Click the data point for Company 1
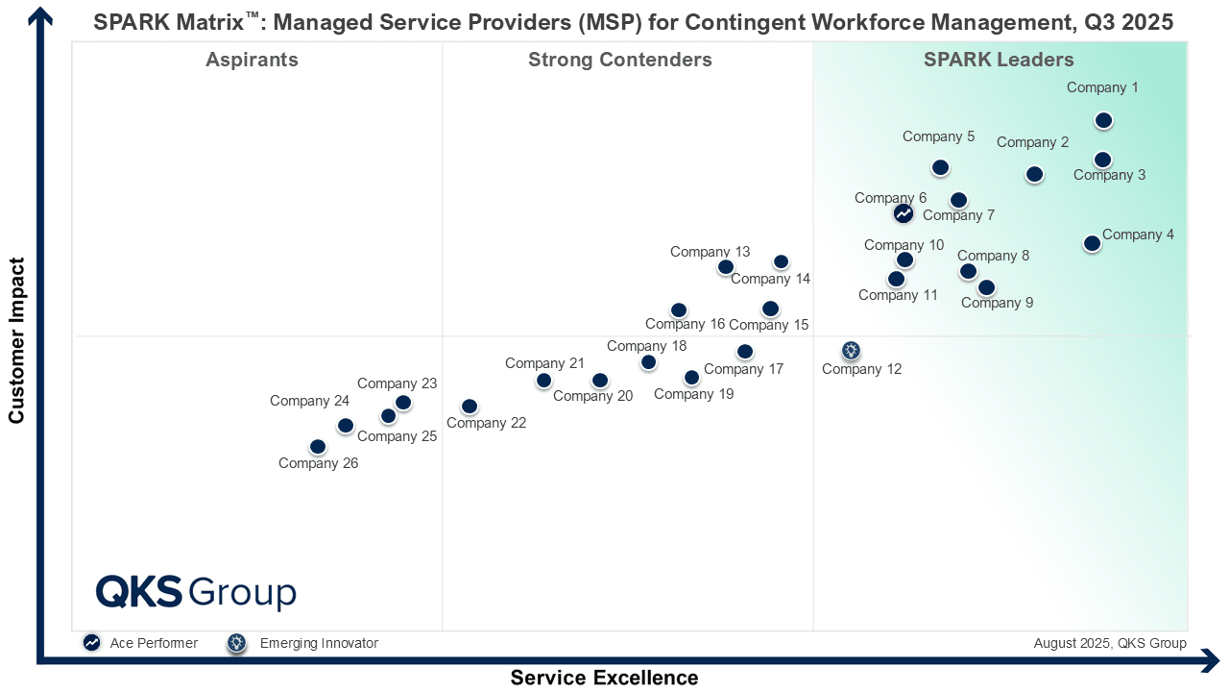coord(1103,120)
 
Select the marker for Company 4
coord(1092,243)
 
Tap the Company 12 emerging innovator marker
coord(851,350)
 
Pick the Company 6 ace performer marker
coord(903,213)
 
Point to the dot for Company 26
coord(318,447)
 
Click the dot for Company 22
coord(469,407)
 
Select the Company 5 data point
coord(940,167)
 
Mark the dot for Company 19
coord(691,378)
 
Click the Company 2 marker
coord(1034,174)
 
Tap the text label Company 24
coord(309,401)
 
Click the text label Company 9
coord(997,303)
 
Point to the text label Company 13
coord(710,252)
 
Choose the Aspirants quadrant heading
coord(252,60)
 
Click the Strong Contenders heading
coord(619,60)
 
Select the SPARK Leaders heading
coord(999,60)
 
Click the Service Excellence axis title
coord(604,678)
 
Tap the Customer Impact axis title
coord(16,339)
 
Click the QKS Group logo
coord(196,592)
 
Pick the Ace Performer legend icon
coord(92,643)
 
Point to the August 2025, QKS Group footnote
coord(1110,643)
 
